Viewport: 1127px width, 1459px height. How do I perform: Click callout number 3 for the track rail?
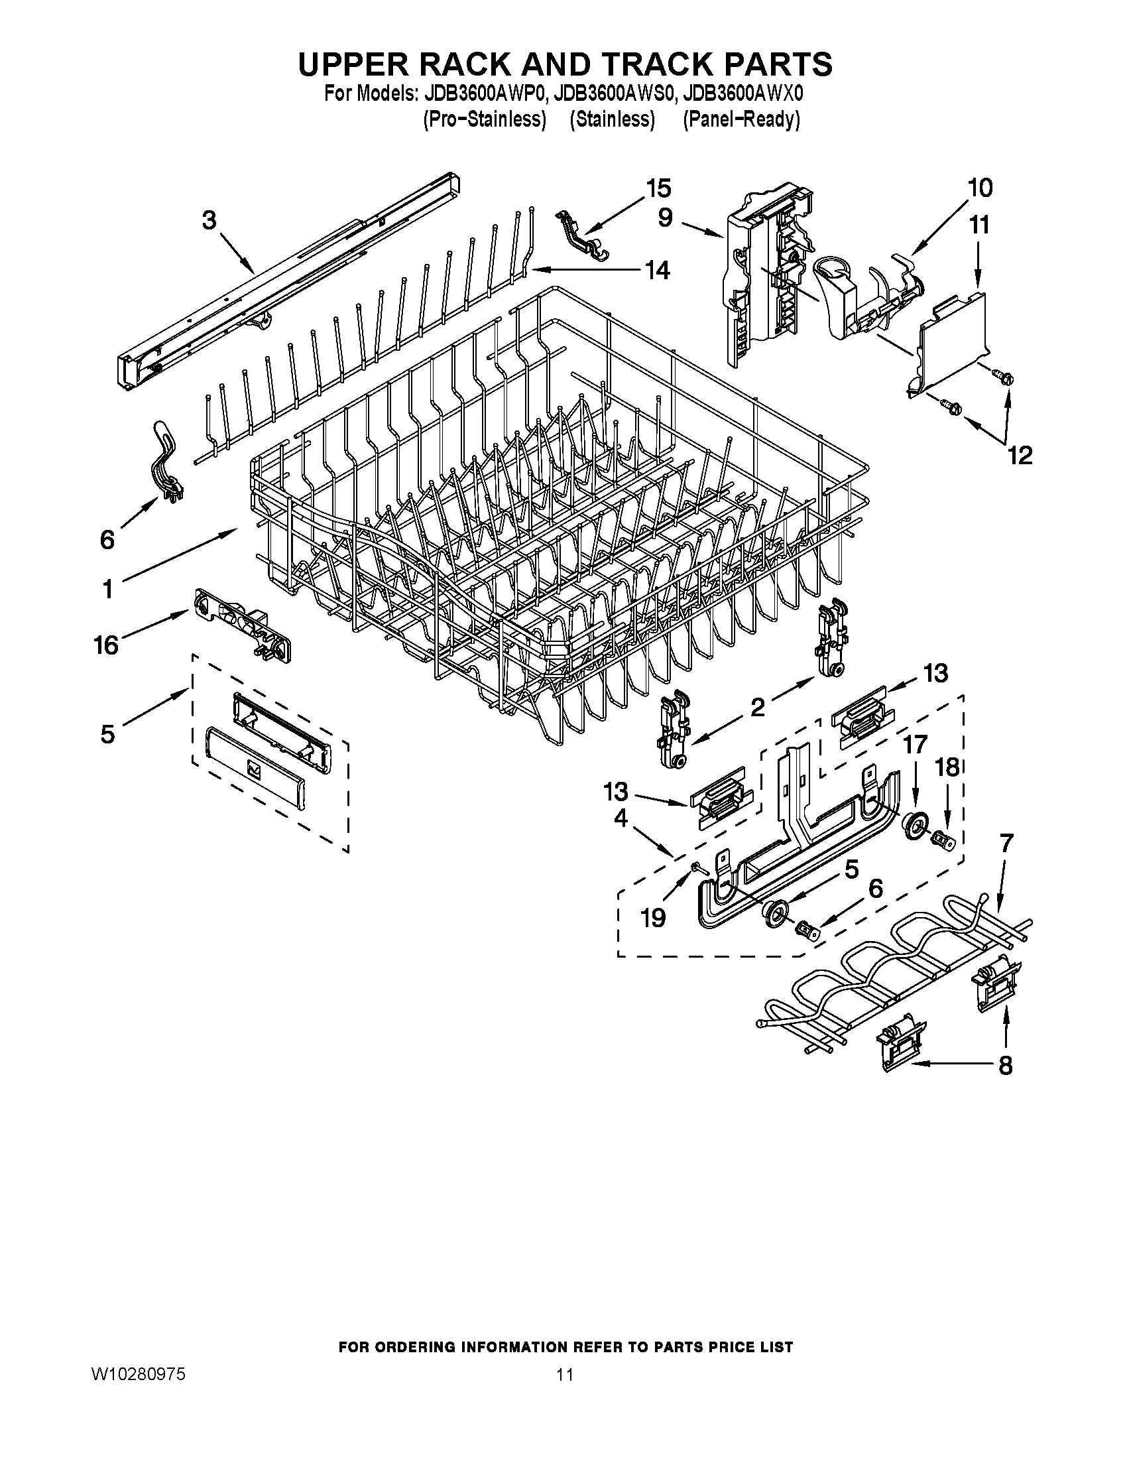[x=209, y=220]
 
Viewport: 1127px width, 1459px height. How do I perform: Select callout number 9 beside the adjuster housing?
[x=664, y=218]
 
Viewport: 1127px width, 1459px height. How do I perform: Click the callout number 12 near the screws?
[x=1020, y=455]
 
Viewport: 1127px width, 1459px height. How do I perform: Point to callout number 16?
[x=107, y=645]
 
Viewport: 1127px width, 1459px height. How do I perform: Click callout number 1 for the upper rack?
[x=107, y=589]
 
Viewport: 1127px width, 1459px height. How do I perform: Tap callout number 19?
[x=653, y=918]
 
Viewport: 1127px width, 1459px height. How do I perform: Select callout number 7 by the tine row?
[x=1006, y=844]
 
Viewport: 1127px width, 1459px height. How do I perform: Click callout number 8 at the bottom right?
[x=1006, y=1065]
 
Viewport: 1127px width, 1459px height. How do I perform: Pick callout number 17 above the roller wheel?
[x=916, y=743]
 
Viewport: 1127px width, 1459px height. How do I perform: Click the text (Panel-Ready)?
[x=741, y=119]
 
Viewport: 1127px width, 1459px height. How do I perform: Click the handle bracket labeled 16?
[x=244, y=625]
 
